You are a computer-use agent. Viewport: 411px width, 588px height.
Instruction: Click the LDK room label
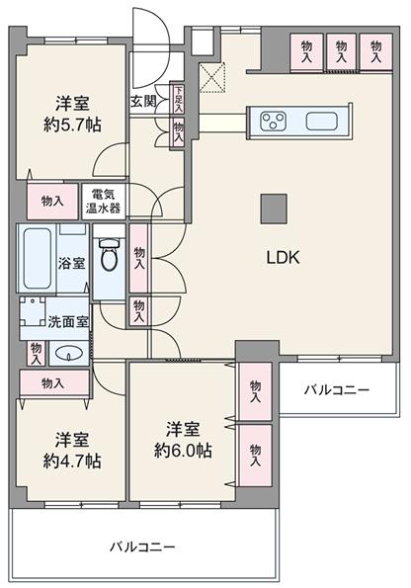tap(283, 258)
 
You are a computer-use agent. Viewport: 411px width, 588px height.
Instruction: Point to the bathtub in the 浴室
tap(37, 258)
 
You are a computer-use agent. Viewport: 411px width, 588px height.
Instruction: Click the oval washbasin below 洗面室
tap(68, 353)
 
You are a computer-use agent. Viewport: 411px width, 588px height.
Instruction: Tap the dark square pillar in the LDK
tap(274, 209)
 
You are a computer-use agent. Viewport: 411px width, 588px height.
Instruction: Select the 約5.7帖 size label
tap(72, 125)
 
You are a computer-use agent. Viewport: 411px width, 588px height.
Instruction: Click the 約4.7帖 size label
tap(72, 461)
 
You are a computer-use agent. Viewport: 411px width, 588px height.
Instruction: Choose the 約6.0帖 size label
tap(183, 451)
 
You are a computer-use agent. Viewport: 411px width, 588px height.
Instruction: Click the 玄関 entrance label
tap(143, 101)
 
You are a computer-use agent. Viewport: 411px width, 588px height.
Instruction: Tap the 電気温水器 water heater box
tap(104, 201)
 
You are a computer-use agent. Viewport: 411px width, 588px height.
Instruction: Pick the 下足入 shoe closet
tap(178, 99)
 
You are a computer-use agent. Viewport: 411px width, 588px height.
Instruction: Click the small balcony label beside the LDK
tap(337, 390)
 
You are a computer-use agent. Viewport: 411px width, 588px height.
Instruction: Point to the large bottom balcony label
tap(142, 546)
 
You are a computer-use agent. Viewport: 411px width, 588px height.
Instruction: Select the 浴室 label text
tap(71, 263)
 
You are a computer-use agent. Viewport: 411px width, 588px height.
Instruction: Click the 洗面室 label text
tap(68, 322)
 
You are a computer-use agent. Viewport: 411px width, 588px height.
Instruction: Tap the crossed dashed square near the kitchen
tap(212, 77)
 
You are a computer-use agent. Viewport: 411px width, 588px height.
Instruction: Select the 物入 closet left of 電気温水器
tap(52, 202)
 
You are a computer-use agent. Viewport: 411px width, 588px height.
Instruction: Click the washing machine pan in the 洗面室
tap(33, 312)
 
